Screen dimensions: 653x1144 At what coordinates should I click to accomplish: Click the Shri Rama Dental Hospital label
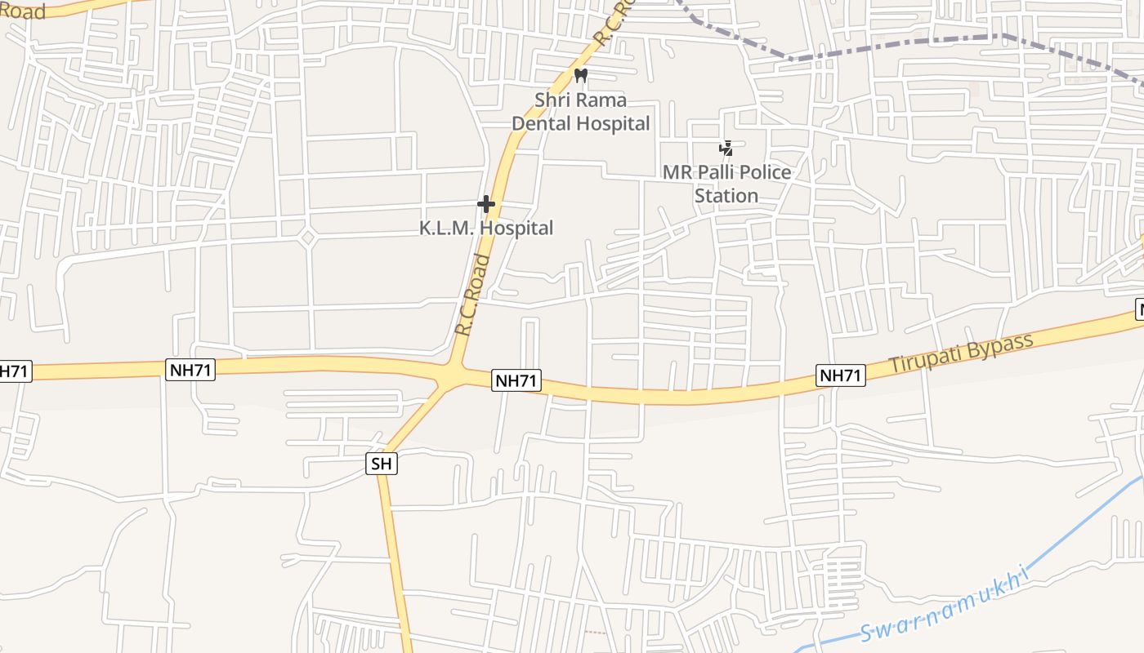coord(580,112)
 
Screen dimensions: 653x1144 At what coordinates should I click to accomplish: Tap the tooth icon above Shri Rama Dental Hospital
coord(581,76)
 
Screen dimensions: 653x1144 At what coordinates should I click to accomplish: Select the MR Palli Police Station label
coord(726,184)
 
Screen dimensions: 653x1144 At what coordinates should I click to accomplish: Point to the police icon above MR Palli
coord(726,149)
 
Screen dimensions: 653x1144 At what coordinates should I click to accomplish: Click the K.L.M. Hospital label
coord(486,229)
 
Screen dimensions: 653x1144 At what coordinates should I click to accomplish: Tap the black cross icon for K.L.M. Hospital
coord(486,203)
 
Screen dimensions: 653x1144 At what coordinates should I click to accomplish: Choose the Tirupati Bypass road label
coord(961,353)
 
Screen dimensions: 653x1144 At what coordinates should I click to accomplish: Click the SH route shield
coord(382,464)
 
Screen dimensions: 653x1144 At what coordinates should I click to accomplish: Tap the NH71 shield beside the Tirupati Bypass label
coord(841,375)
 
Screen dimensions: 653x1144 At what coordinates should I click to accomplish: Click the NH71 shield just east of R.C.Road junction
coord(516,380)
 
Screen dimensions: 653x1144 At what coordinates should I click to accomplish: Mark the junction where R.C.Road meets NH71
coord(452,374)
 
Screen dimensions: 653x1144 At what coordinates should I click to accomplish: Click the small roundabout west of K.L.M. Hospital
coord(307,238)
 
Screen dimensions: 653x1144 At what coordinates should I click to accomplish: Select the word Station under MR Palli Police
coord(726,196)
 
